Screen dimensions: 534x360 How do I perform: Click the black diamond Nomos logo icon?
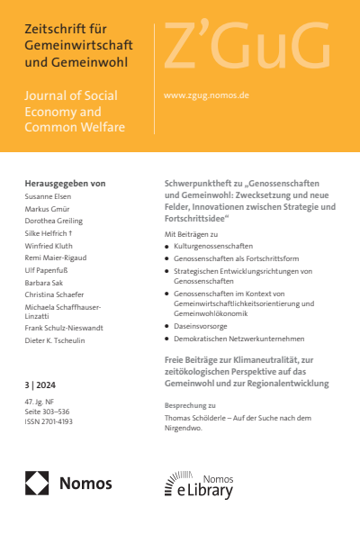pyautogui.click(x=38, y=484)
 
